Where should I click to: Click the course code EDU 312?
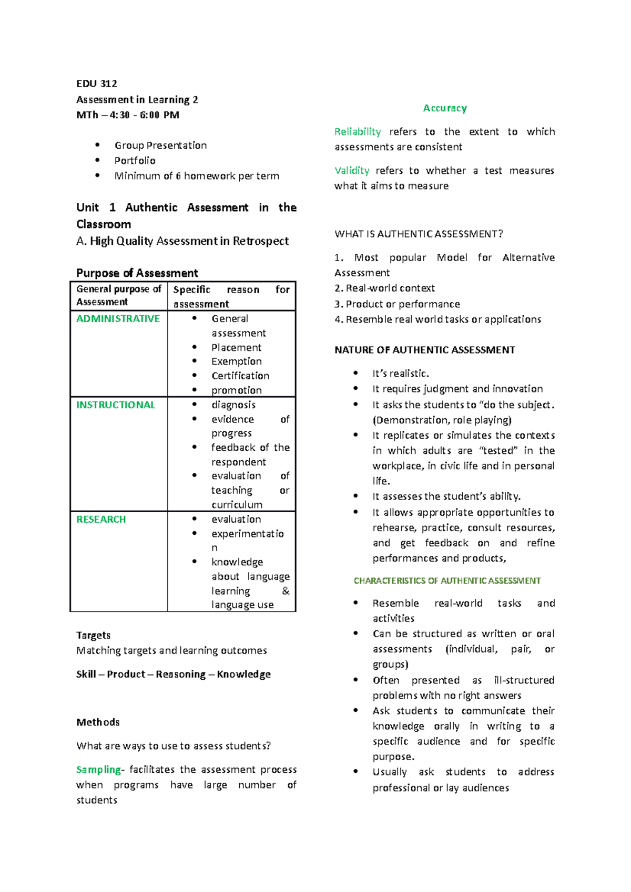click(x=97, y=84)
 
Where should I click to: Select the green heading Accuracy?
click(x=445, y=108)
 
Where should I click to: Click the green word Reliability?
click(x=358, y=131)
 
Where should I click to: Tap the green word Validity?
click(x=352, y=170)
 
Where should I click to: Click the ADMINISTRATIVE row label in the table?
click(x=118, y=319)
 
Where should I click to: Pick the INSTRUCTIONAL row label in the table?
click(x=116, y=405)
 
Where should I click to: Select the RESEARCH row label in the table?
click(x=101, y=520)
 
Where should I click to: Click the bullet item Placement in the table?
click(x=236, y=348)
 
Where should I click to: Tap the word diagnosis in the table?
click(x=233, y=405)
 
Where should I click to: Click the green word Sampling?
click(x=99, y=770)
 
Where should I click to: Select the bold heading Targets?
click(x=93, y=635)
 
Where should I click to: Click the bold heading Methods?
click(x=98, y=722)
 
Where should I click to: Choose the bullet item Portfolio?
click(x=135, y=161)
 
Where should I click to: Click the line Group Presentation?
click(x=160, y=146)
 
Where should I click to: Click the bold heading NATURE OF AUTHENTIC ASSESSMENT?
click(x=424, y=350)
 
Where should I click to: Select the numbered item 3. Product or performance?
click(x=397, y=304)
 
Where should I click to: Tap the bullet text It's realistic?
click(x=401, y=374)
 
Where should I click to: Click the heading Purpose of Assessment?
click(x=137, y=273)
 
